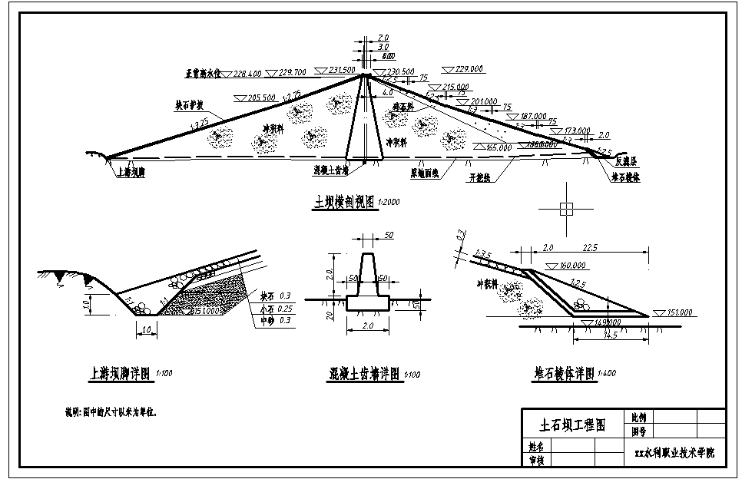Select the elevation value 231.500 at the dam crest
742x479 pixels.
(341, 70)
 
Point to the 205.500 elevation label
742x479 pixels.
(262, 98)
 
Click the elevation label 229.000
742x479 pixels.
(469, 69)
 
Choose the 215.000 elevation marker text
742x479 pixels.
(455, 88)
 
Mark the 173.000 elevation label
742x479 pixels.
(576, 130)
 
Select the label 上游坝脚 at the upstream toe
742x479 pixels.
(130, 173)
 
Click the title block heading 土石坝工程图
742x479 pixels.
(573, 424)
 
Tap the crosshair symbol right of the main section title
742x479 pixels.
(566, 208)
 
